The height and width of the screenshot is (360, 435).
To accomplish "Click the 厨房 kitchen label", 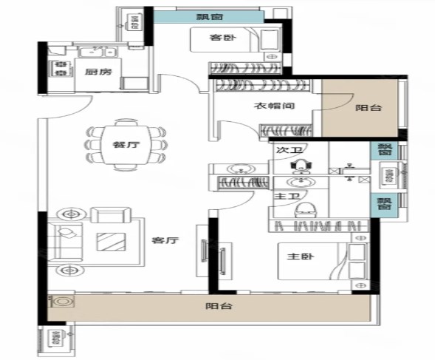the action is point(98,72).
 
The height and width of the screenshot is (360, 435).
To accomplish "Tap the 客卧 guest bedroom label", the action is point(223,37).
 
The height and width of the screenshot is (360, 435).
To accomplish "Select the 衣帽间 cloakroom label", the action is point(275,106).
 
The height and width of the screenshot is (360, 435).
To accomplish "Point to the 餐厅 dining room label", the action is point(126,144).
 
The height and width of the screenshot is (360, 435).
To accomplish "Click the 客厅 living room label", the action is point(165,240).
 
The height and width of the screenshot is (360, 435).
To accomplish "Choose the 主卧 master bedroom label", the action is point(301,256).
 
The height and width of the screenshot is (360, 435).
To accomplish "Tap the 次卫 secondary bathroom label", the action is point(289,150).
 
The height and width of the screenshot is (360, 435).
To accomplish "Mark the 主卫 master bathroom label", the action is point(287,196).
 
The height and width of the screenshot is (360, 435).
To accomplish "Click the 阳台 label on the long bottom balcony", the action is point(219,306).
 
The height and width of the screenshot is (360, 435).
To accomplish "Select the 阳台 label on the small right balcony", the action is point(369,108).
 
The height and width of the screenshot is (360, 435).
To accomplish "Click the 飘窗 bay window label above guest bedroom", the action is point(210,17).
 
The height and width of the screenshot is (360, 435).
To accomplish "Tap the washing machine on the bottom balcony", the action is point(61,302).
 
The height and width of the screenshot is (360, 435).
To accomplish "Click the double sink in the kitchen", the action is point(97,52).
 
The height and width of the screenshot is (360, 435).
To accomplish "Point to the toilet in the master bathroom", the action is point(305,211).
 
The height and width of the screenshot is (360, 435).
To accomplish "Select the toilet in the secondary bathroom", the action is point(301,166).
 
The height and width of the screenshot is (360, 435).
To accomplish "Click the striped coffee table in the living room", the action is point(112,242).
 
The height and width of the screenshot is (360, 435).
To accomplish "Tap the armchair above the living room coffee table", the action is point(111,214).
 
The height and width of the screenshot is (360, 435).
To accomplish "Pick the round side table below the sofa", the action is point(70,270).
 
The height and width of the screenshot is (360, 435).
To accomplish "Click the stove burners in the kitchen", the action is point(61,69).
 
